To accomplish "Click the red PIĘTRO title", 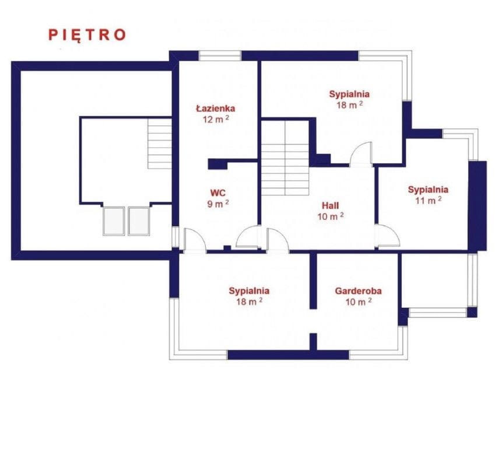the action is click(x=87, y=35).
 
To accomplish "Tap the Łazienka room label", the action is click(x=216, y=108).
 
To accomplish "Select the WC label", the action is click(x=218, y=192).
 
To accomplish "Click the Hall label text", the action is click(x=330, y=206).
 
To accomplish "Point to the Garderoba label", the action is click(x=359, y=291).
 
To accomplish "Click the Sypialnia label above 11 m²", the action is click(x=428, y=189).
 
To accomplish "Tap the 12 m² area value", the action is click(x=216, y=120).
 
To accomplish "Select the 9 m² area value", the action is click(x=218, y=204).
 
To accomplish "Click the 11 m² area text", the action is click(x=428, y=201).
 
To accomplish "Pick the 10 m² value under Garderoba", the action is click(x=359, y=302).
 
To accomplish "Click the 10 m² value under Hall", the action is click(x=331, y=216).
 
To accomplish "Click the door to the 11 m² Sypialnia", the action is click(x=387, y=236).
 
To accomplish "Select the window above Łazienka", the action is click(x=220, y=55).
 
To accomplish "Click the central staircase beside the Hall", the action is click(x=285, y=158).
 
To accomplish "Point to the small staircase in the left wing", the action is click(x=160, y=143).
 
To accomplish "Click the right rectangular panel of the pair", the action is click(x=139, y=221).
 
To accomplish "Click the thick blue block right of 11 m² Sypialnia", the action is click(x=478, y=206).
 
